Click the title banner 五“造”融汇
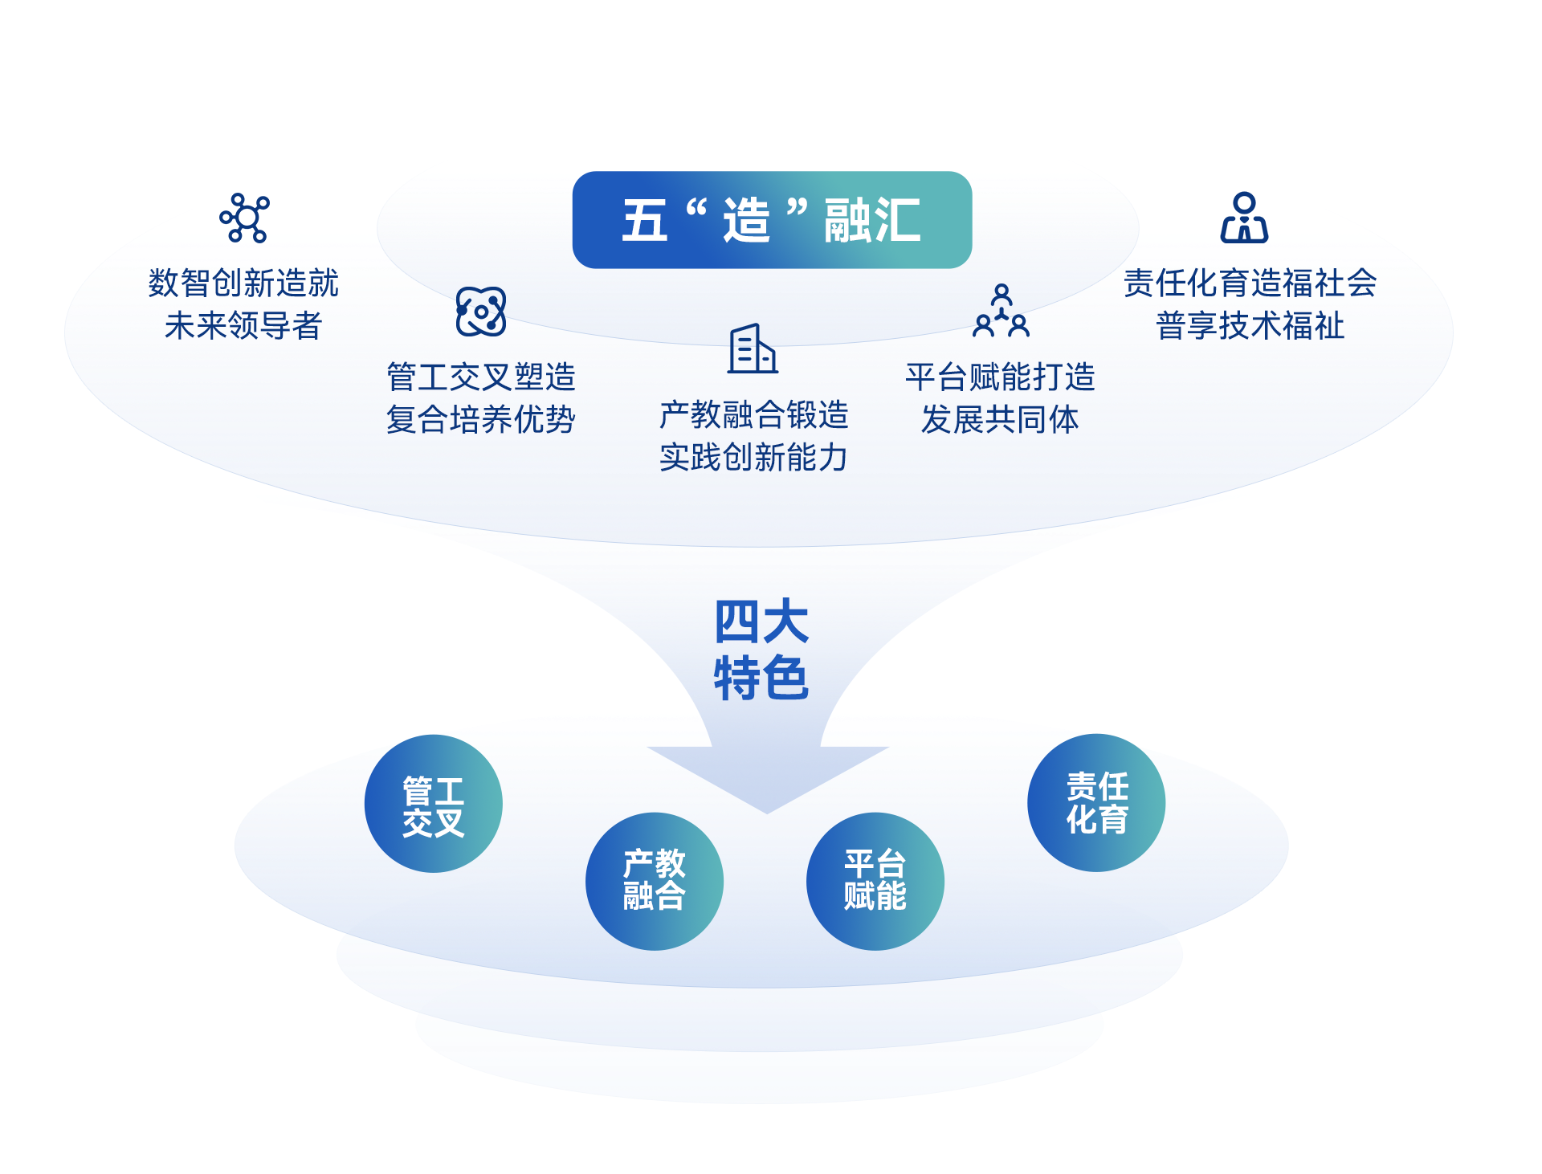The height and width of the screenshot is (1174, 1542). coord(771,219)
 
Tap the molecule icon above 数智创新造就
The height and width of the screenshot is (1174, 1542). coord(245,218)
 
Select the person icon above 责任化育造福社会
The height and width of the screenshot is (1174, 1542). coord(1244,218)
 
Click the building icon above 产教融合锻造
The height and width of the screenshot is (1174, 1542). coord(753,349)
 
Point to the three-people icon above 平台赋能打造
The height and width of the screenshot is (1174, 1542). coord(1001,311)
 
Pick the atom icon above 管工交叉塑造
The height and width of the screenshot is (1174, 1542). coord(480,312)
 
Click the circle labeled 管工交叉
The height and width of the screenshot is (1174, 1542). coord(434,804)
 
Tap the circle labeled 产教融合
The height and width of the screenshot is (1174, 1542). coord(655,881)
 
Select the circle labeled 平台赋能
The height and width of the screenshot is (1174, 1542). coord(875,881)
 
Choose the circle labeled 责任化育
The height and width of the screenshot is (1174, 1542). coord(1096,802)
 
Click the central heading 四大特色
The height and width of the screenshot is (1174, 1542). coord(761,650)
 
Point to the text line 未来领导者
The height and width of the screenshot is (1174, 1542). coord(243,326)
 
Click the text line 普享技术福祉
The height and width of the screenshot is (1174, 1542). coord(1250,326)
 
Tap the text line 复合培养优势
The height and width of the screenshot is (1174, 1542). coord(480,420)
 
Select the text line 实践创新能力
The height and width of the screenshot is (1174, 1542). coord(753,458)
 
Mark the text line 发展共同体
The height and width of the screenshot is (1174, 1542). coord(1000,420)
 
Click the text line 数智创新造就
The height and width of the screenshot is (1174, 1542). coord(243,283)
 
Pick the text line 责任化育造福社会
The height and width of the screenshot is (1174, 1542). coord(1250,283)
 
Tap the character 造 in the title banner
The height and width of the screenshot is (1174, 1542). coord(746,220)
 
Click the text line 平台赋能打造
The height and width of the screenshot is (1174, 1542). coord(1000,377)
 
